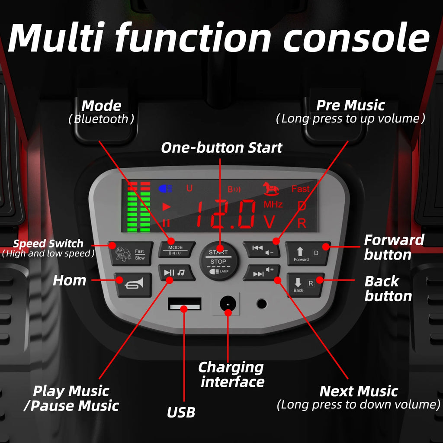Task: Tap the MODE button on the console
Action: tap(177, 250)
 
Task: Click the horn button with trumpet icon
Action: tap(133, 285)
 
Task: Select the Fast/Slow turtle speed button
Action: tap(131, 254)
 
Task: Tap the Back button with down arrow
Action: tap(305, 285)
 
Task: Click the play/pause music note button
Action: tap(177, 273)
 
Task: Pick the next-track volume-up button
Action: tap(262, 273)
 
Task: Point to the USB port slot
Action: tap(185, 304)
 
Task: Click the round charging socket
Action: tap(228, 304)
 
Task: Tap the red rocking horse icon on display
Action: tap(271, 189)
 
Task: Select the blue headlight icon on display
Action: tap(165, 189)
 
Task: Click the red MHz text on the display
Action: tap(273, 204)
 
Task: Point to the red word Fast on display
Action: tap(300, 189)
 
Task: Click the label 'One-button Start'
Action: tap(221, 148)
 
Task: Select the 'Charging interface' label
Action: tap(231, 375)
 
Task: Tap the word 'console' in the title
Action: tap(356, 38)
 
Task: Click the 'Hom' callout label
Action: tap(70, 280)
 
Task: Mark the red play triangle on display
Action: tap(167, 207)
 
